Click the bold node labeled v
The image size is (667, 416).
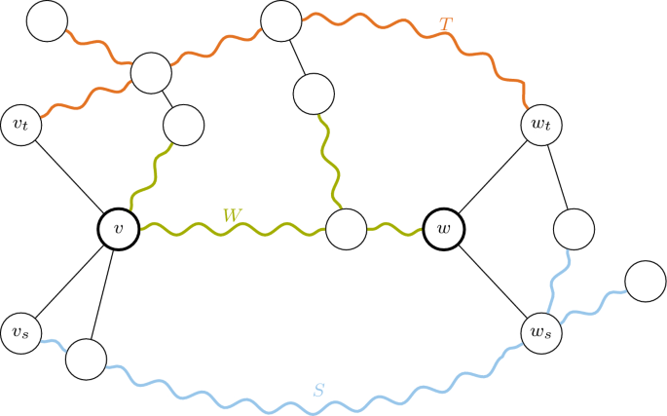pyautogui.click(x=119, y=230)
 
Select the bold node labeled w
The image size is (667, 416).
pyautogui.click(x=444, y=230)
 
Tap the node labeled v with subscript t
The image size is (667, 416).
pyautogui.click(x=22, y=123)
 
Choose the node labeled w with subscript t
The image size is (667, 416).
pyautogui.click(x=541, y=124)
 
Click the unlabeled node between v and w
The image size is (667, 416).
pyautogui.click(x=345, y=230)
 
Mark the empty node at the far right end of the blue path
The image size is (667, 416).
pyautogui.click(x=644, y=283)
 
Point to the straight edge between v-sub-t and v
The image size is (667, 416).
pyautogui.click(x=69, y=175)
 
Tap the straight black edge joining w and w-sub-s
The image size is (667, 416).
pyautogui.click(x=493, y=282)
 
